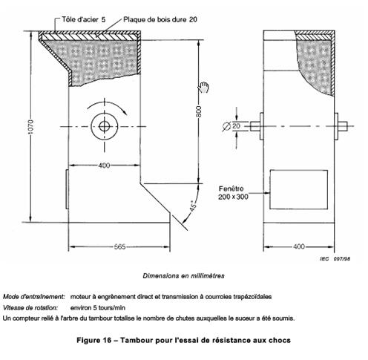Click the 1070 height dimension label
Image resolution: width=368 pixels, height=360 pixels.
pos(30,127)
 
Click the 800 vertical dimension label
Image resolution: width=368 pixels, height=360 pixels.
pos(199,111)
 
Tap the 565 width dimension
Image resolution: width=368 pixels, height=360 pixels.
pos(119,246)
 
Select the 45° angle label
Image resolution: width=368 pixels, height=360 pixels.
pos(194,206)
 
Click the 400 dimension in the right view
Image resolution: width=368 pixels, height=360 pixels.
pos(299,246)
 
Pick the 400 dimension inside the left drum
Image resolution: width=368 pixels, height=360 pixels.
pos(104,166)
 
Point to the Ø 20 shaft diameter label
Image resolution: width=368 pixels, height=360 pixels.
pos(231,126)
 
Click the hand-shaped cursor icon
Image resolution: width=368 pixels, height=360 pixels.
pos(203,87)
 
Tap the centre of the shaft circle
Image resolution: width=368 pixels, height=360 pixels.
pos(105,126)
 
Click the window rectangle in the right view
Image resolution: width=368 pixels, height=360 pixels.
pos(298,189)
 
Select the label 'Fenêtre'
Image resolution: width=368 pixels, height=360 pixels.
pos(231,189)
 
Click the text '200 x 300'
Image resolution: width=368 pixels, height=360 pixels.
pos(233,197)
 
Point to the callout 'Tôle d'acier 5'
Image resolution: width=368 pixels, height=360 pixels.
pos(84,19)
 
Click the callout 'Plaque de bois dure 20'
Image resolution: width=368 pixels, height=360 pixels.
pos(160,19)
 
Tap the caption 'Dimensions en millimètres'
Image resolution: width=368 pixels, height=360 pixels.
pos(183,275)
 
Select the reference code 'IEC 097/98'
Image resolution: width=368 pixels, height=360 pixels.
pos(335,259)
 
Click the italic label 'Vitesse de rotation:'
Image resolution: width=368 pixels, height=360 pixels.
pos(30,308)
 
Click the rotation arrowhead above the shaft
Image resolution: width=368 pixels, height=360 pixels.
pos(125,112)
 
